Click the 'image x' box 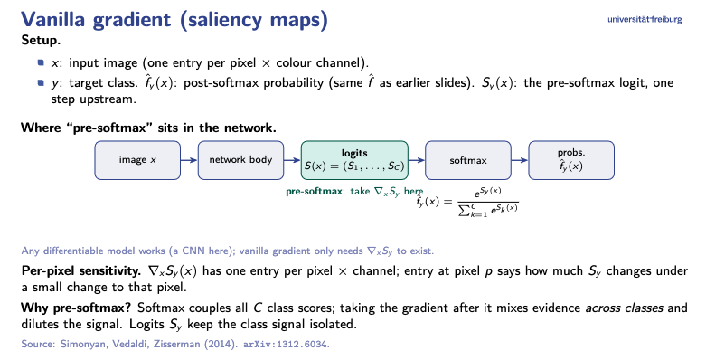(x=137, y=160)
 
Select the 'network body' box (x=240, y=160)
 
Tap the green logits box (x=354, y=160)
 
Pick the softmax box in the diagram (x=468, y=160)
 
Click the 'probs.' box (x=571, y=160)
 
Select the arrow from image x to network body (x=189, y=160)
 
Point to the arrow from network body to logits (x=292, y=160)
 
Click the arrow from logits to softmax (x=417, y=160)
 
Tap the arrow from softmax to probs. (x=520, y=160)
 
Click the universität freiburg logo (x=645, y=19)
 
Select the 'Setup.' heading (x=41, y=41)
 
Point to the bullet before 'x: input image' (x=42, y=62)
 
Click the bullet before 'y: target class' (x=42, y=82)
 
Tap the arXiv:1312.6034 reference (x=287, y=345)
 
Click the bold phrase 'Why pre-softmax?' (x=76, y=308)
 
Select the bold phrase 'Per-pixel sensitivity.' (x=81, y=271)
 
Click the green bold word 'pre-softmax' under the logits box (x=314, y=191)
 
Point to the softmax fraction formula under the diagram (x=467, y=201)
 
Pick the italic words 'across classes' (x=624, y=308)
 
